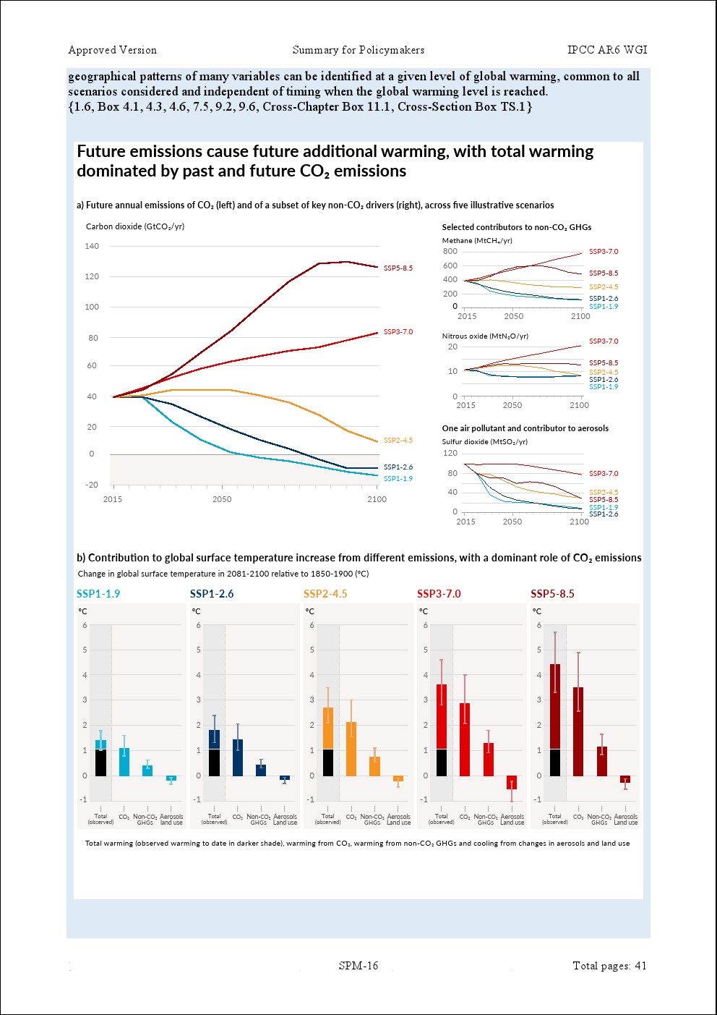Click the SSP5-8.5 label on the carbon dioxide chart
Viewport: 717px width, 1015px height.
pyautogui.click(x=398, y=268)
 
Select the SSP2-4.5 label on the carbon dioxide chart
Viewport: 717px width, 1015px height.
pyautogui.click(x=398, y=441)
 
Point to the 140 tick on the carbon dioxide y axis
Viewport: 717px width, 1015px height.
pyautogui.click(x=92, y=246)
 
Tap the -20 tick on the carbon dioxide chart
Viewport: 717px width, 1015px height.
pyautogui.click(x=92, y=485)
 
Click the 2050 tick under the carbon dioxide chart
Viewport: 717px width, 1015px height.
pyautogui.click(x=222, y=499)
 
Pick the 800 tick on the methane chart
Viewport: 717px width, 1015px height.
pyautogui.click(x=450, y=252)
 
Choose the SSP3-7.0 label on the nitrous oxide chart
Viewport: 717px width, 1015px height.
pyautogui.click(x=604, y=341)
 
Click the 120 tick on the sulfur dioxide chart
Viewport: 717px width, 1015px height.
pyautogui.click(x=450, y=454)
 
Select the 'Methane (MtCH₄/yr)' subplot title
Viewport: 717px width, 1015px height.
pyautogui.click(x=477, y=241)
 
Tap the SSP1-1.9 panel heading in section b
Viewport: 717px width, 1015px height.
pyautogui.click(x=98, y=594)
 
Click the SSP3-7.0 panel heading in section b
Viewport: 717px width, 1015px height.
pyautogui.click(x=439, y=594)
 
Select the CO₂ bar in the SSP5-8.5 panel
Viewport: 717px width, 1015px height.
pyautogui.click(x=578, y=731)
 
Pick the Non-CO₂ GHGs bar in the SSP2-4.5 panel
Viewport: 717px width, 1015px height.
pyautogui.click(x=374, y=766)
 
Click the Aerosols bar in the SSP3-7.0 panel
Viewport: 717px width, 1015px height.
pyautogui.click(x=512, y=782)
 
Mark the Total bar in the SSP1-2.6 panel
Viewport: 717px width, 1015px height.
pyautogui.click(x=214, y=753)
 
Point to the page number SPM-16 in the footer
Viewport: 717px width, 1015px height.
pyautogui.click(x=358, y=966)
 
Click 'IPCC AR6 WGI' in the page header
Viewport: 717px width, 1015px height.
pyautogui.click(x=607, y=50)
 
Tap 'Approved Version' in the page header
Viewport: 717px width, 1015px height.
pyautogui.click(x=112, y=50)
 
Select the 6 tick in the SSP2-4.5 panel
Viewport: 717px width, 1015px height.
pyautogui.click(x=312, y=626)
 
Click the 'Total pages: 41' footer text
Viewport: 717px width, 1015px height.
pyautogui.click(x=609, y=966)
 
